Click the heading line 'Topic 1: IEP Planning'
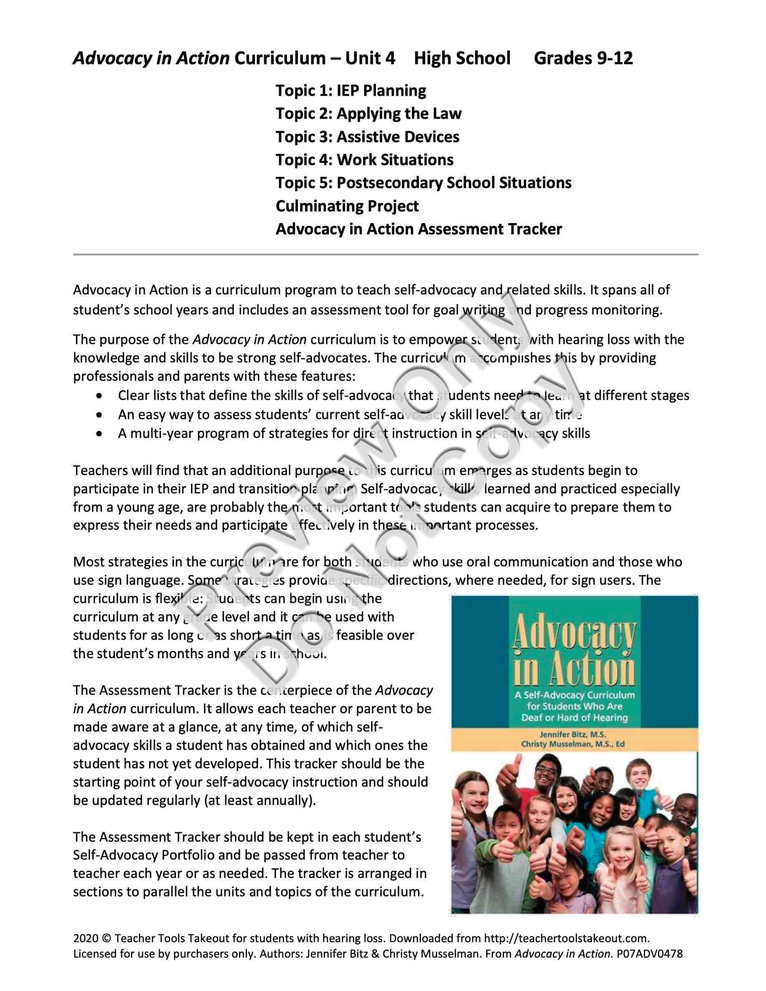click(351, 91)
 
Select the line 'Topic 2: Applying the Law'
click(368, 114)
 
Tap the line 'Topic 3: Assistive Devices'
click(367, 137)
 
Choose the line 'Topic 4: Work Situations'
click(364, 160)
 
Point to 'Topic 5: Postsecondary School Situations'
click(423, 183)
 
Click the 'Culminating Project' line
click(347, 206)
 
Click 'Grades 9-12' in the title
click(583, 58)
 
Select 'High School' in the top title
click(462, 58)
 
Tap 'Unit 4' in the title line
click(370, 58)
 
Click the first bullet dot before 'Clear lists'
click(99, 396)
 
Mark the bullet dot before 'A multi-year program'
click(99, 434)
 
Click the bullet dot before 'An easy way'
click(99, 415)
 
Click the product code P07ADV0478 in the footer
click(649, 954)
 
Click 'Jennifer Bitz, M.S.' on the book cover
click(573, 734)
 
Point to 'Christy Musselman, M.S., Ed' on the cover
click(573, 744)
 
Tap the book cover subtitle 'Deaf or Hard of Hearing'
click(574, 717)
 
